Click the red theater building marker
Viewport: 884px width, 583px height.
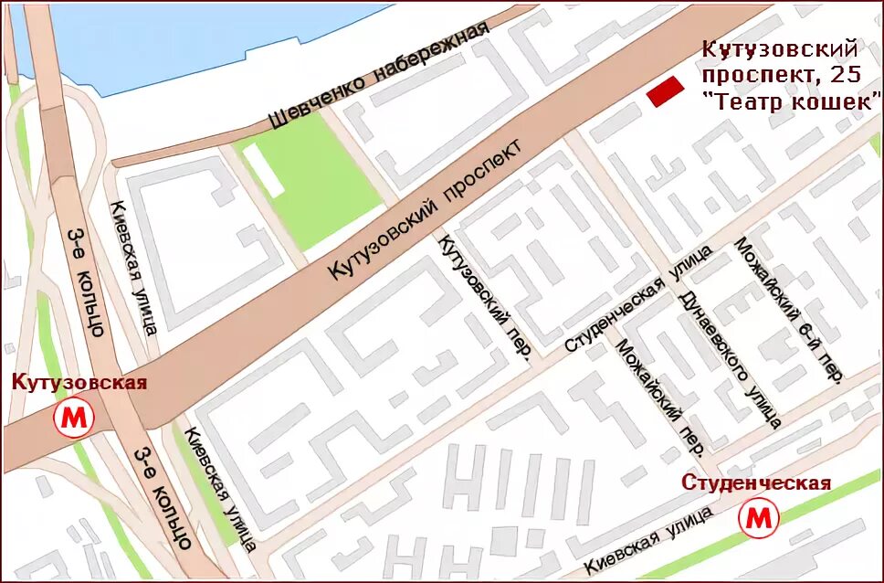(666, 91)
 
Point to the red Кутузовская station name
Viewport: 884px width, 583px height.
(79, 382)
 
